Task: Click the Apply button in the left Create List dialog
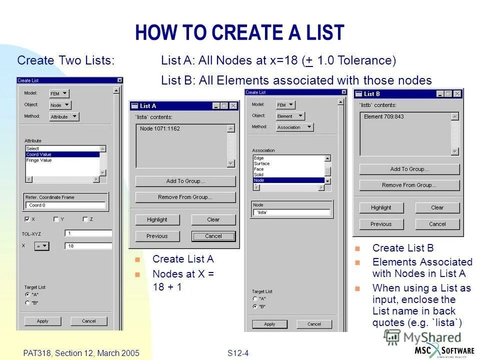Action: [x=42, y=321]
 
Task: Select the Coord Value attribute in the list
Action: [x=62, y=154]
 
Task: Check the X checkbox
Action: [x=27, y=219]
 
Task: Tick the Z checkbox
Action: [x=85, y=219]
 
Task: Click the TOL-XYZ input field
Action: [x=88, y=233]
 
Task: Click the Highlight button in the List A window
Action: [x=157, y=219]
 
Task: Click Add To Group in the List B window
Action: [x=409, y=169]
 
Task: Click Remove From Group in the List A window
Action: [x=185, y=197]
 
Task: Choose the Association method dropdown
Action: [x=294, y=127]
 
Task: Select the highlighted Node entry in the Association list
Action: [x=288, y=180]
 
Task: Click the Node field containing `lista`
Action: [x=291, y=212]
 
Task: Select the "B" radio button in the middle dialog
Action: [x=255, y=306]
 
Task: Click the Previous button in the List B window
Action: [x=381, y=224]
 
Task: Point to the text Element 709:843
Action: [x=384, y=116]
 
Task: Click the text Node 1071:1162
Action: [x=160, y=128]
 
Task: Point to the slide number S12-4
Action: [x=238, y=353]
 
